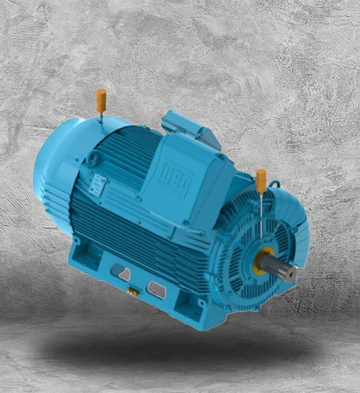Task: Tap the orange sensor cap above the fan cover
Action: pyautogui.click(x=101, y=99)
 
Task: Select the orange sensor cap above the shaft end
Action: pyautogui.click(x=260, y=180)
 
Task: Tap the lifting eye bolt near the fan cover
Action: pyautogui.click(x=92, y=160)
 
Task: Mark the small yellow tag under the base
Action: pyautogui.click(x=131, y=290)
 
